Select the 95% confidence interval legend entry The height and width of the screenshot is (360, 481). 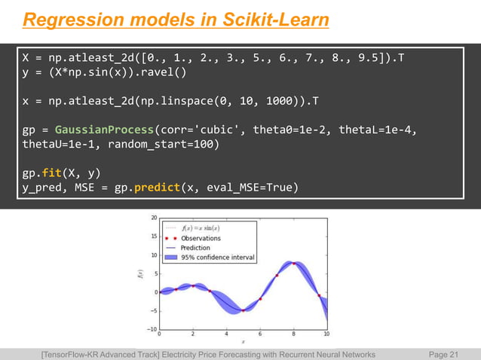coord(216,258)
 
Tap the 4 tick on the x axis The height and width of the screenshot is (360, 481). coord(226,334)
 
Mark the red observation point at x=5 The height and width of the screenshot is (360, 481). coord(244,310)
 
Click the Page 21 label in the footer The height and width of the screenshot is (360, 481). coord(443,353)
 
